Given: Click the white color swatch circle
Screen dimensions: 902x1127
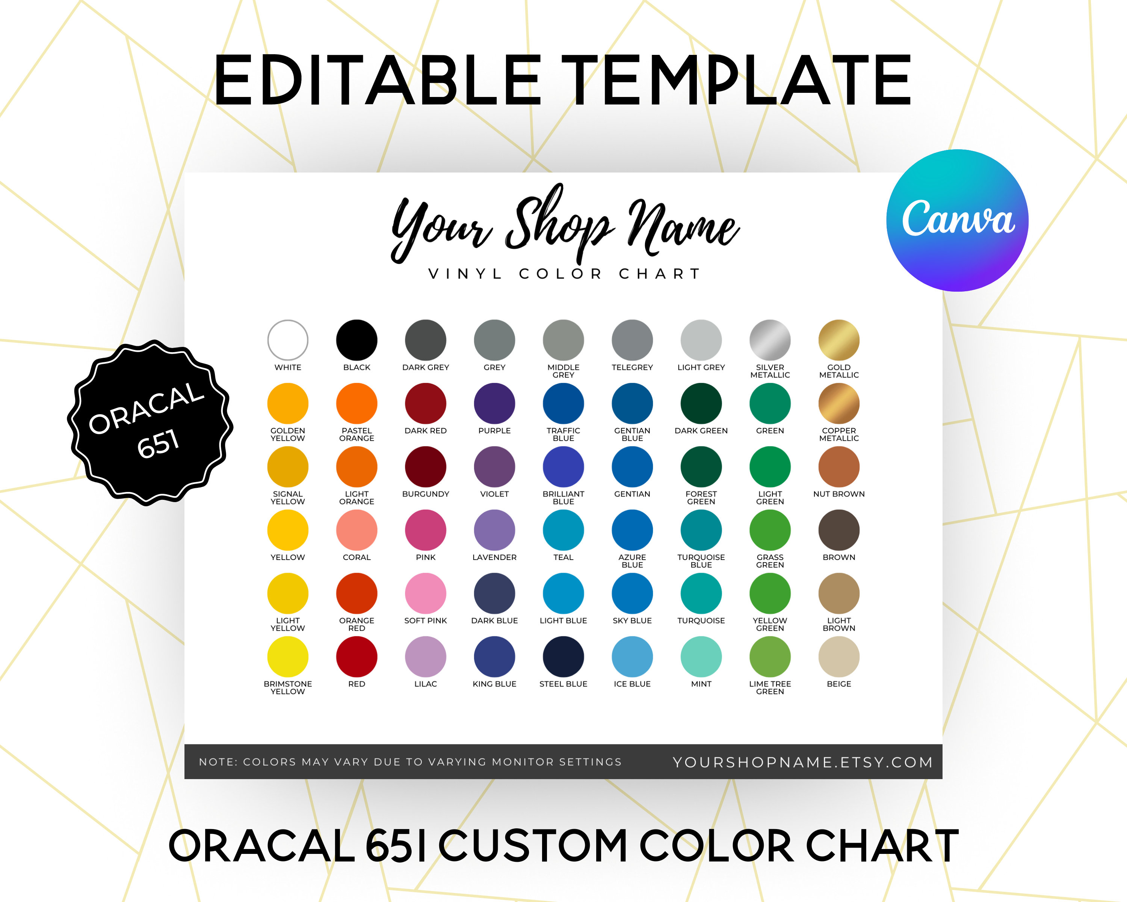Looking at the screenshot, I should (x=287, y=340).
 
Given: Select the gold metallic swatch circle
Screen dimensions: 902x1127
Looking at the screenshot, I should (x=838, y=340).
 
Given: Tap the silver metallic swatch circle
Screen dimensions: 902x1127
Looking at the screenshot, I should (x=769, y=340).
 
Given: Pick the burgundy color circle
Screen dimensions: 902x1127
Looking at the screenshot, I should (x=426, y=466).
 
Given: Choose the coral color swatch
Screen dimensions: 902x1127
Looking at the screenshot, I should (x=357, y=530).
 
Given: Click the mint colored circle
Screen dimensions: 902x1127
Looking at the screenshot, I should (x=701, y=656).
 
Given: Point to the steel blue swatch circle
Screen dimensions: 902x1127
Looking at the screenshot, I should (x=563, y=656).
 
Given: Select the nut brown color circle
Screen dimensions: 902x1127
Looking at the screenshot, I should (x=838, y=466).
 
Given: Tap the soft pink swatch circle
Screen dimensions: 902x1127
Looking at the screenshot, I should (x=426, y=593).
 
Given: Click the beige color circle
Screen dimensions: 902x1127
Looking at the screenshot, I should (x=838, y=656).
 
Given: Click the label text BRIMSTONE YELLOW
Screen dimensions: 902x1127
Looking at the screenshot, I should (x=287, y=688).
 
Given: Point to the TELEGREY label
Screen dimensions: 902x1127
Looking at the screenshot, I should (x=632, y=368).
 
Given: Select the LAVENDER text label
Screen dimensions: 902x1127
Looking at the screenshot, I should (x=494, y=557).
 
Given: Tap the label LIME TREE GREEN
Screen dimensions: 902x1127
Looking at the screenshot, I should (x=769, y=688).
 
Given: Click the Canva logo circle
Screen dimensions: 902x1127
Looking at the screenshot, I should (x=957, y=220).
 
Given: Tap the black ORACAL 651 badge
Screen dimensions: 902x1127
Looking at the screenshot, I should (x=150, y=422).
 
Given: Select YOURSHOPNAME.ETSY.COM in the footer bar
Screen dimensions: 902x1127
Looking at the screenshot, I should (x=802, y=762).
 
